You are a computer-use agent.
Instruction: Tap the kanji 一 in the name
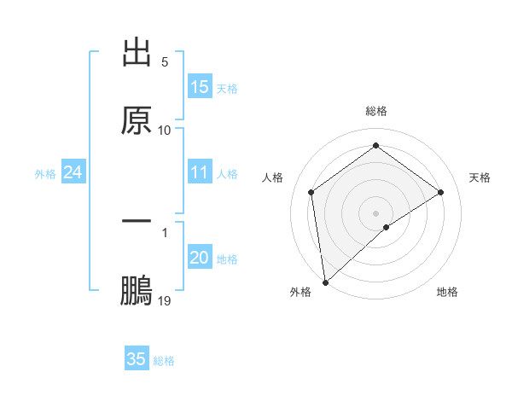pyautogui.click(x=137, y=221)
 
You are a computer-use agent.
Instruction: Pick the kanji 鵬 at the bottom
pyautogui.click(x=137, y=290)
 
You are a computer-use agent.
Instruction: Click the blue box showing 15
pyautogui.click(x=200, y=87)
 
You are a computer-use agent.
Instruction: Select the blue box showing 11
pyautogui.click(x=200, y=173)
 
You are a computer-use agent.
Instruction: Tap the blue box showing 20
pyautogui.click(x=200, y=259)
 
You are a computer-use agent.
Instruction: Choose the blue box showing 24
pyautogui.click(x=73, y=173)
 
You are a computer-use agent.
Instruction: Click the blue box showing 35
pyautogui.click(x=137, y=359)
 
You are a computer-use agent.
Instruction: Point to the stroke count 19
pyautogui.click(x=165, y=301)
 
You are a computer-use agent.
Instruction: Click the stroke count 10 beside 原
pyautogui.click(x=165, y=131)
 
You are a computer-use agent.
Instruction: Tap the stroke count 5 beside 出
pyautogui.click(x=165, y=62)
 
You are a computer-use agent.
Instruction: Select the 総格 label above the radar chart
pyautogui.click(x=376, y=111)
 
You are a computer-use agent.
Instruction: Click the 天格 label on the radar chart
pyautogui.click(x=480, y=177)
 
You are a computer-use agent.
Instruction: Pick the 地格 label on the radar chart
pyautogui.click(x=447, y=292)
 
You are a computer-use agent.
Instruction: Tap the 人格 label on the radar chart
pyautogui.click(x=273, y=177)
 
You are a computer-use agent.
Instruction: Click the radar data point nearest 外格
pyautogui.click(x=325, y=282)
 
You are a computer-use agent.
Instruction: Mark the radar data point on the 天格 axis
pyautogui.click(x=441, y=192)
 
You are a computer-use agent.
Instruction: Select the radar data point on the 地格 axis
pyautogui.click(x=387, y=227)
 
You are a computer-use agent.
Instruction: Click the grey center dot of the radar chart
pyautogui.click(x=376, y=212)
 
